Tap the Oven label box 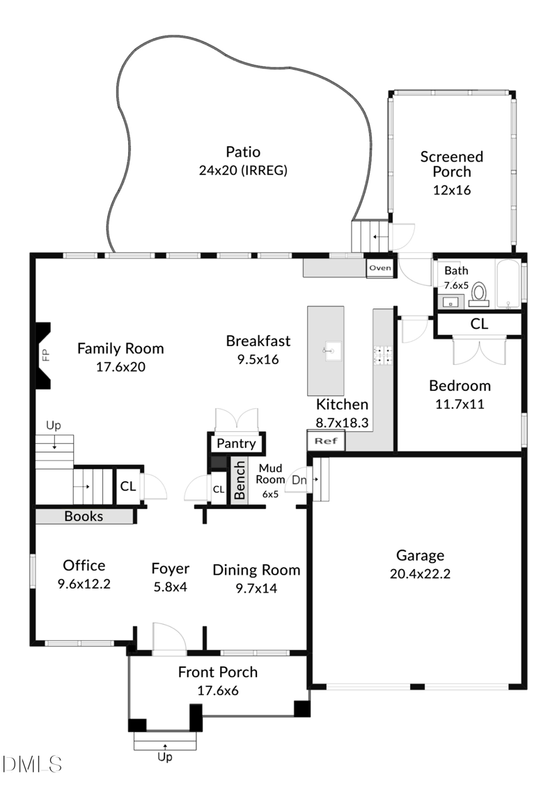(x=380, y=268)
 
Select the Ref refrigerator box (x=326, y=440)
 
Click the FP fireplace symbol (x=44, y=355)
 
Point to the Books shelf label (x=84, y=516)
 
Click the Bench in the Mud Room (x=239, y=480)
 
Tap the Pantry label (x=237, y=444)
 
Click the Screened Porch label (x=451, y=164)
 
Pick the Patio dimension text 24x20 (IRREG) (x=242, y=170)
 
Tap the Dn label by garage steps (x=298, y=479)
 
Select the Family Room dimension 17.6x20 (x=120, y=366)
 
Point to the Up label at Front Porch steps (x=165, y=757)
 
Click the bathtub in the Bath (x=508, y=284)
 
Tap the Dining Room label (x=256, y=570)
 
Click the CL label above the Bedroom (x=479, y=324)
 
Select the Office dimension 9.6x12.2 (x=84, y=584)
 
